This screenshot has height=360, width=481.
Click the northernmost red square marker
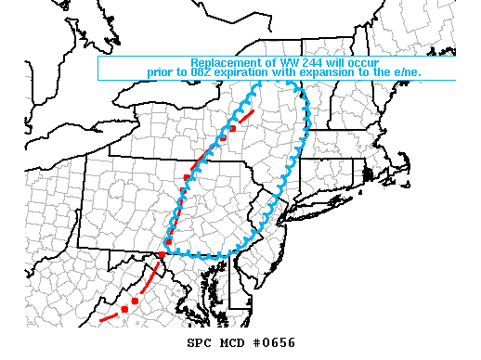[232, 128]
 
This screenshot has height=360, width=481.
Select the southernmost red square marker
[124, 309]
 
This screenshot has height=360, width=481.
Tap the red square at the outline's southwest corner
[162, 254]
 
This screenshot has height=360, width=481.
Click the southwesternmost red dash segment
[107, 318]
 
